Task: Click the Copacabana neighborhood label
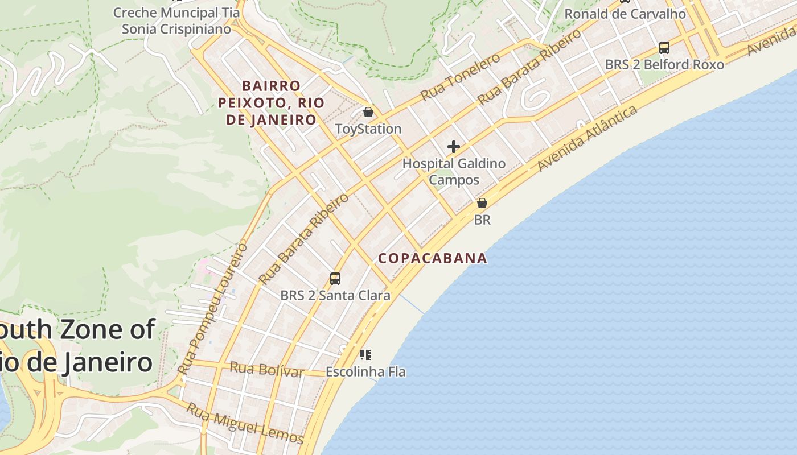433,258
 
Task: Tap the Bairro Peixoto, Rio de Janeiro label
271,103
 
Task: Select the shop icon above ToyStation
368,112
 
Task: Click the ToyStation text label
368,129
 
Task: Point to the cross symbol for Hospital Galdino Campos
453,147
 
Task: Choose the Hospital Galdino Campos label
454,172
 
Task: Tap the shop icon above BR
482,203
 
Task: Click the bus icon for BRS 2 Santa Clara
335,279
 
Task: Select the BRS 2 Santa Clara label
335,296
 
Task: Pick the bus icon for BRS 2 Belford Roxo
664,48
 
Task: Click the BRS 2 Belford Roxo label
664,65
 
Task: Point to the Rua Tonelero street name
460,77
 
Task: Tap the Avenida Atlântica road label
588,138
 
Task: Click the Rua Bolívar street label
266,370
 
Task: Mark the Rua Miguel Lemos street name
245,424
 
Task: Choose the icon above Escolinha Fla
365,355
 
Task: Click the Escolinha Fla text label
365,372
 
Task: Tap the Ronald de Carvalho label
625,14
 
